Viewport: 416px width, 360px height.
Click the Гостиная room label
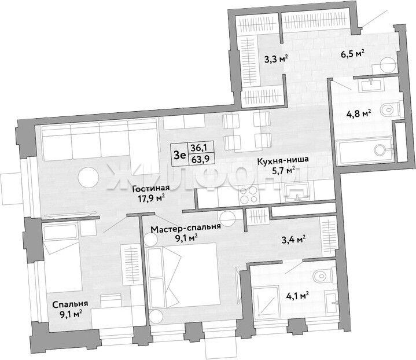(x=150, y=188)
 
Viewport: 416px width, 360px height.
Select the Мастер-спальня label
(x=185, y=228)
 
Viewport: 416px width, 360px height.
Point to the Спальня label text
(x=70, y=304)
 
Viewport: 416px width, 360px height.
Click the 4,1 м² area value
(x=297, y=295)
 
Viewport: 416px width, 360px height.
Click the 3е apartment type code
(x=180, y=154)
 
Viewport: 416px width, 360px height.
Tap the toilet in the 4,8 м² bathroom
(x=390, y=108)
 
